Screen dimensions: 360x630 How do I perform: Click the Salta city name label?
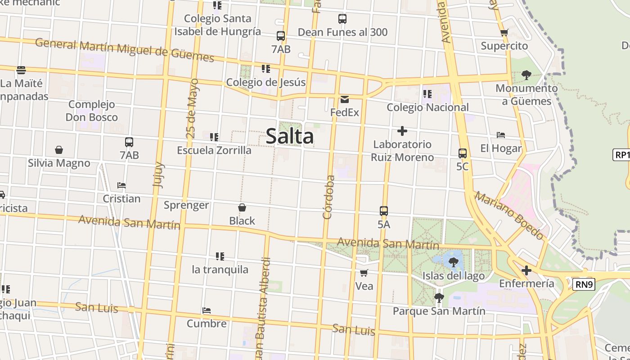coord(289,136)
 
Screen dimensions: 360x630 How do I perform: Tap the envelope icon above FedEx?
coord(345,99)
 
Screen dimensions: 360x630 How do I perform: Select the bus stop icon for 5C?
coord(463,153)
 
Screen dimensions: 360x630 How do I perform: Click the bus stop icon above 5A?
coord(384,211)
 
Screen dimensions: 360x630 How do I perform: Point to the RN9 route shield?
coord(585,284)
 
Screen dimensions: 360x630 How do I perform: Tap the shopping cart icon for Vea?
coord(364,273)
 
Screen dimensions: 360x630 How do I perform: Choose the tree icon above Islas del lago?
coord(453,262)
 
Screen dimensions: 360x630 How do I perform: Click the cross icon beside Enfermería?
coord(526,270)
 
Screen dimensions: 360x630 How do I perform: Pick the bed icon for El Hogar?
coord(501,135)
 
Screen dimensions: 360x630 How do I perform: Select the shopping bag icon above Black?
coord(242,207)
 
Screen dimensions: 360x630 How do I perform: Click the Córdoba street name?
coord(329,197)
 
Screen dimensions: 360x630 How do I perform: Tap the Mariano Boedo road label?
coord(509,215)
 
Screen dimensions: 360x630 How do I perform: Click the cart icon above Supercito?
coord(504,32)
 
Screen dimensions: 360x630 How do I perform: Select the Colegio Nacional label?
coord(427,108)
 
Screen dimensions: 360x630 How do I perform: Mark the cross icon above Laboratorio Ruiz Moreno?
coord(402,131)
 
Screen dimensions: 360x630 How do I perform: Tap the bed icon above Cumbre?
coord(207,310)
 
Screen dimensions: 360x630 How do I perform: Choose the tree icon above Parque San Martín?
coord(439,297)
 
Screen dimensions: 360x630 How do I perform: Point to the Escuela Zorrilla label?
coord(214,150)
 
